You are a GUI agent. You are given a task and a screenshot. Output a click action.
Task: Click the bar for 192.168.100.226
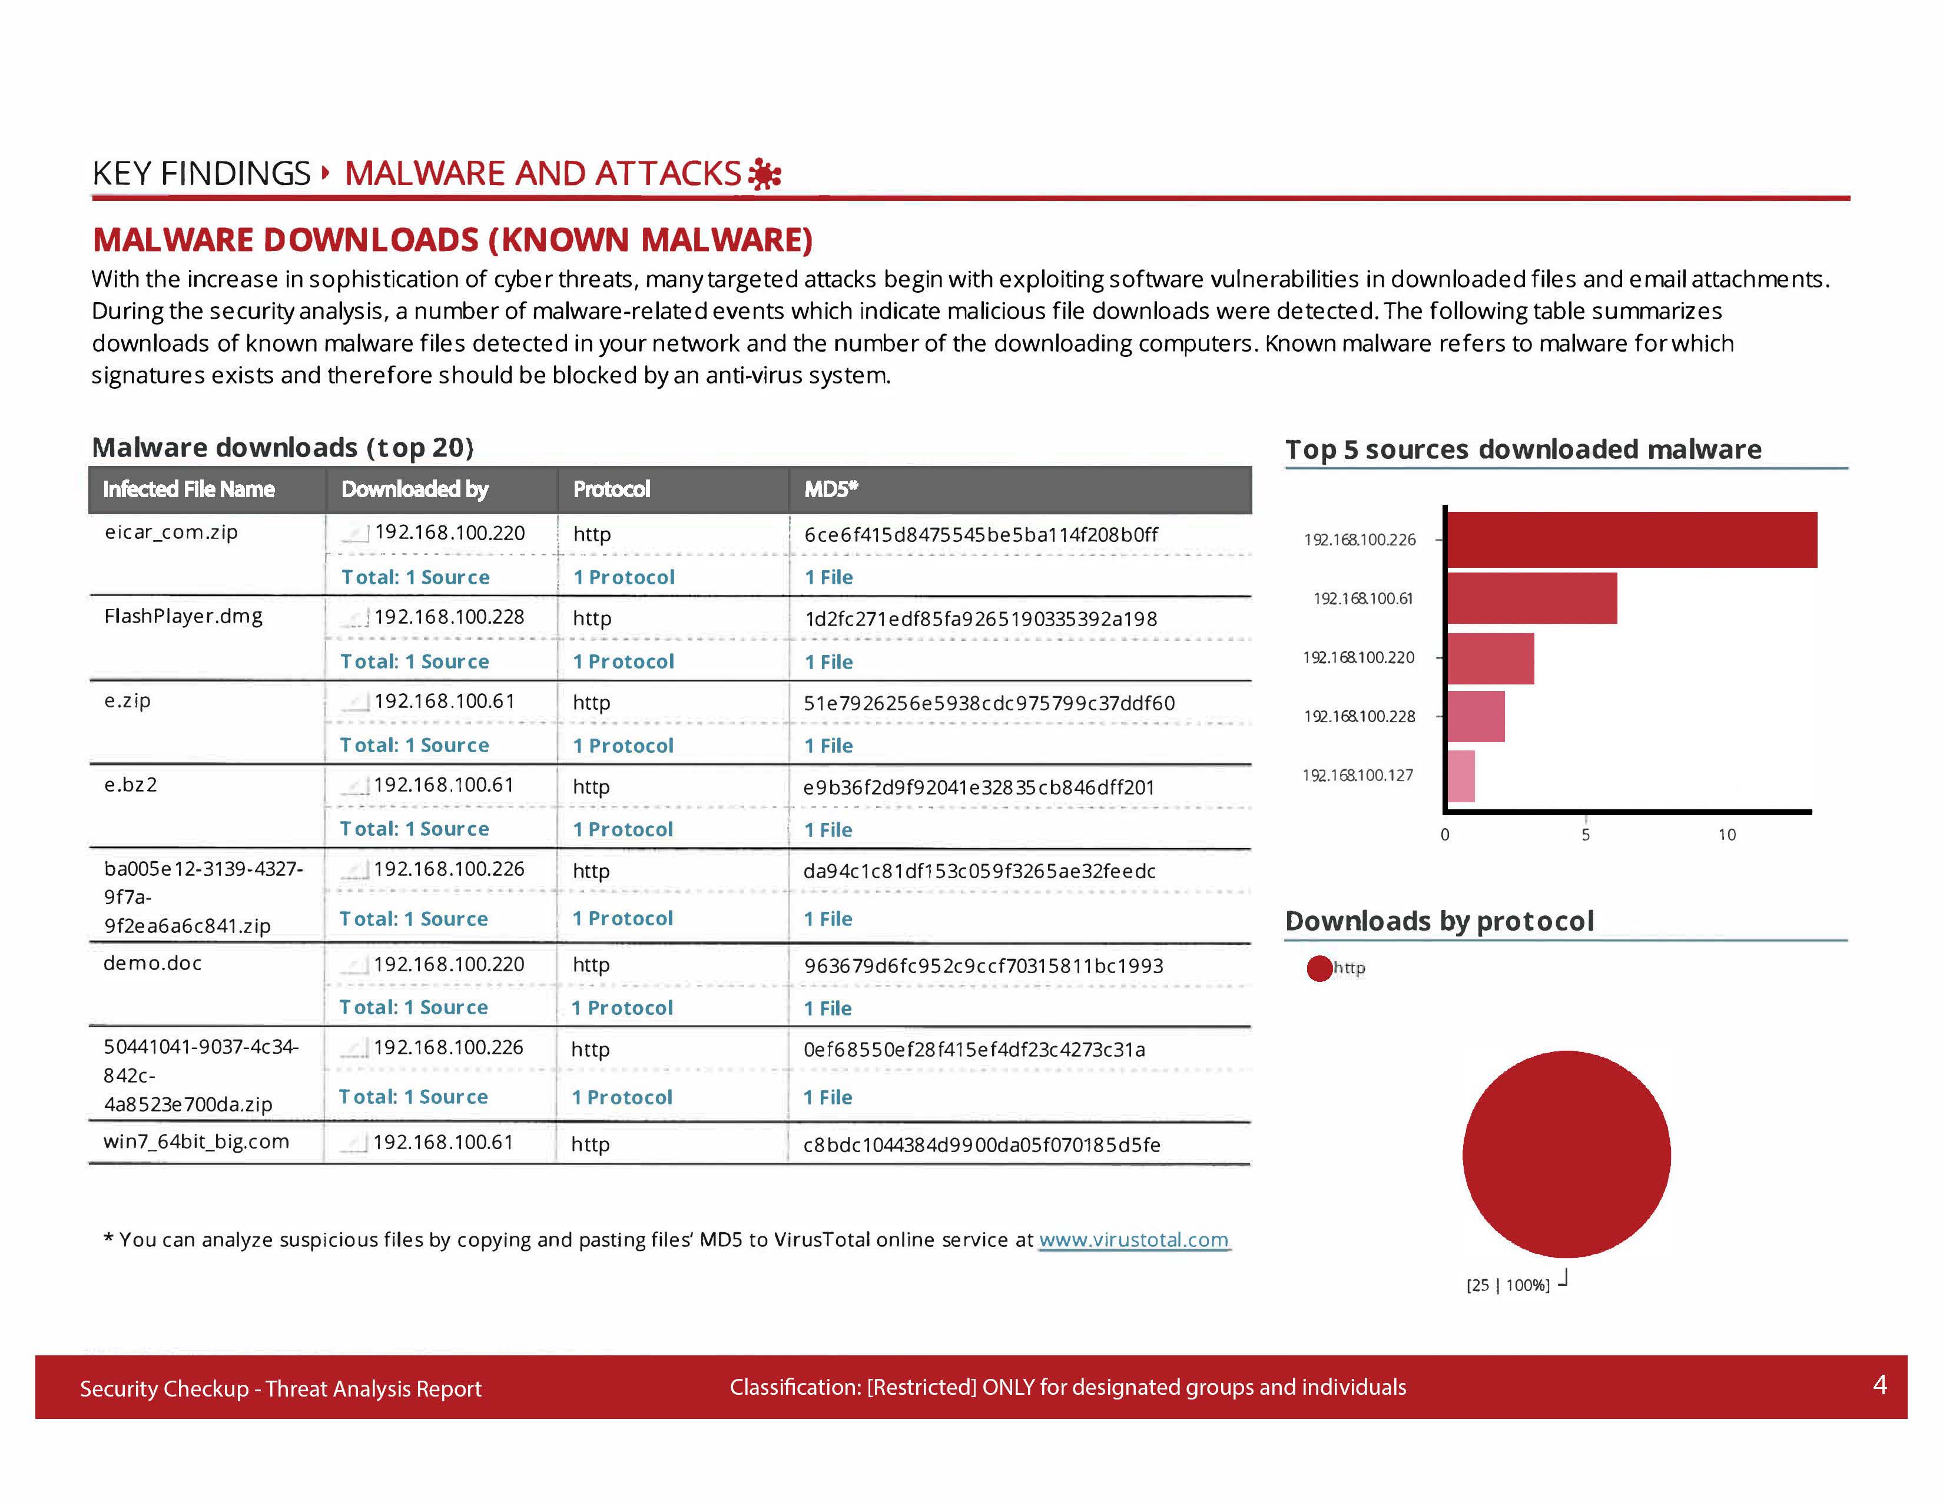[1631, 539]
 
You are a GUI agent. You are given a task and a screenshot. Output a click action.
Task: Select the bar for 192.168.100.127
[1461, 776]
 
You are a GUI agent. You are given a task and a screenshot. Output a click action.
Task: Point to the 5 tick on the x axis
[1586, 835]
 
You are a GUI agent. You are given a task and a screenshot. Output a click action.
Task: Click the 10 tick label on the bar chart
[1726, 835]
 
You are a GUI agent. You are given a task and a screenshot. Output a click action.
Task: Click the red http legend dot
[1318, 968]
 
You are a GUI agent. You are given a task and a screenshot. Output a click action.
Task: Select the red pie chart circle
[1566, 1154]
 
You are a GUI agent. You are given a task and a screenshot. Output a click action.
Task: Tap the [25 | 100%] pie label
[1507, 1285]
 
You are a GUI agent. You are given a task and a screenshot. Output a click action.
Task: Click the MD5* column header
[831, 489]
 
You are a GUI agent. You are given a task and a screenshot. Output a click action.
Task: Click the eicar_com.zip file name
[171, 532]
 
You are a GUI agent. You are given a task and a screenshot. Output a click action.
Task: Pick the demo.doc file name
[152, 963]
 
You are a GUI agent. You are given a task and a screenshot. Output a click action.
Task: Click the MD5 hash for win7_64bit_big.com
[982, 1144]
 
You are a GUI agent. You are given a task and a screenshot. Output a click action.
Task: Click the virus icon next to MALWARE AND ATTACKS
[764, 174]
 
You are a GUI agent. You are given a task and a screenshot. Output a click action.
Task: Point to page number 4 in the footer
[1879, 1385]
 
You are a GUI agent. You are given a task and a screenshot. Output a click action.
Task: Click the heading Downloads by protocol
[1438, 921]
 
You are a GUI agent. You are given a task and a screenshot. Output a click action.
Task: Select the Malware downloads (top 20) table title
[282, 448]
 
